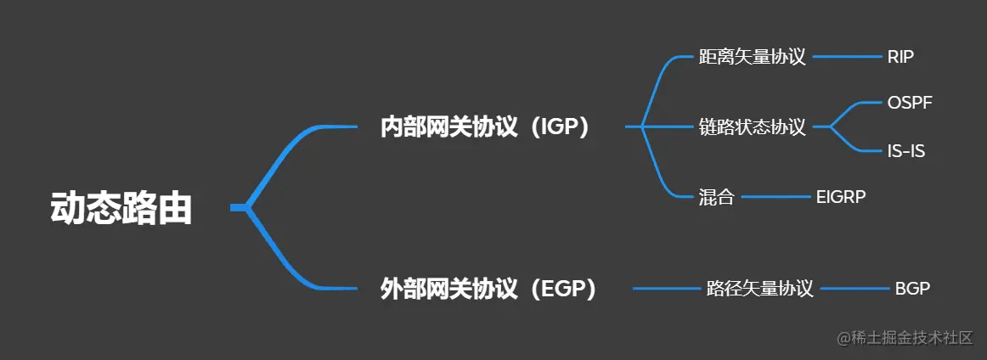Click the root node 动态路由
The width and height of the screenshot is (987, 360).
(x=121, y=208)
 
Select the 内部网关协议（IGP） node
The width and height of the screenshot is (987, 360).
(x=484, y=127)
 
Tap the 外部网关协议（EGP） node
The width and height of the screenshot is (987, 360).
(x=488, y=289)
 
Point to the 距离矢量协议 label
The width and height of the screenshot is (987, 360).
(x=752, y=58)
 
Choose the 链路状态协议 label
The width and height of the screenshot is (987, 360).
(x=752, y=127)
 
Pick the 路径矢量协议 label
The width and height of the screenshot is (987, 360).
(x=759, y=289)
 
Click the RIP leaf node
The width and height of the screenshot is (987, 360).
(x=900, y=58)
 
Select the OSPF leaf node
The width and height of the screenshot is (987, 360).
(x=910, y=103)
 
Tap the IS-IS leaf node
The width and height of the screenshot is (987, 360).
(x=905, y=152)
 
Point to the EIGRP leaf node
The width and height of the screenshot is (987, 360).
(x=840, y=197)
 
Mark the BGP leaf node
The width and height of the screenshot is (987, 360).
(x=912, y=289)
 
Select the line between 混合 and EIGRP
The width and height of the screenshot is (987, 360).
(x=775, y=197)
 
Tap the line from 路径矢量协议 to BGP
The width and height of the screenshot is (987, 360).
(x=854, y=289)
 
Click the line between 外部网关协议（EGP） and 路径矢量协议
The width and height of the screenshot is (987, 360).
(x=665, y=289)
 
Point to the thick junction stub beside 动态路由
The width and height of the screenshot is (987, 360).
(x=238, y=207)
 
